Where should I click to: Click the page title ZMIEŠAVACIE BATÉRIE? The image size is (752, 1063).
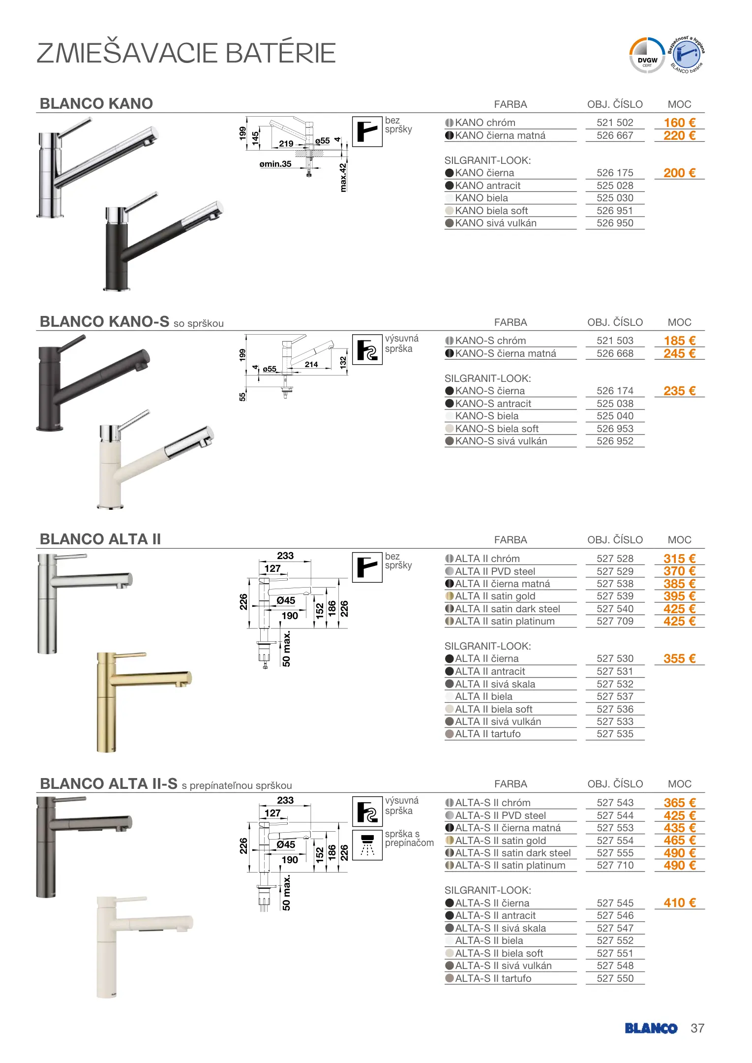186,53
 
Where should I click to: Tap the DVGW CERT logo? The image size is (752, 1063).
647,56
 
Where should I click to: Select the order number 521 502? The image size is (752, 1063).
615,123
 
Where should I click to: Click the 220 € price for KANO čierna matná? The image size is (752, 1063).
679,135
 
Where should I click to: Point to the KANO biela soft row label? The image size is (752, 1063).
491,211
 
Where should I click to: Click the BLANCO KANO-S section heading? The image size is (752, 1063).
104,322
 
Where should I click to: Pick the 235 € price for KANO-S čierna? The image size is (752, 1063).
679,391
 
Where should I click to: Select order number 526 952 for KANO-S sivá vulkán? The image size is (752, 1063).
615,441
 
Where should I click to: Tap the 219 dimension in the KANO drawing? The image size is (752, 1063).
286,144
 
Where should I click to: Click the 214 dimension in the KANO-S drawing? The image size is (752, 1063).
311,365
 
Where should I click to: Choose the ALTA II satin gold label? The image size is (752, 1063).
495,596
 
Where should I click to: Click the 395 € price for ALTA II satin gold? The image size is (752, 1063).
679,596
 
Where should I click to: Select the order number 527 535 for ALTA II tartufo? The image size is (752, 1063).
615,734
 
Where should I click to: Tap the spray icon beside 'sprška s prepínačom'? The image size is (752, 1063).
367,844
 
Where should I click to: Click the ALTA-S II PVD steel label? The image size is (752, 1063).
500,815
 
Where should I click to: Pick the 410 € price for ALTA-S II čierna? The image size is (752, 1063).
679,903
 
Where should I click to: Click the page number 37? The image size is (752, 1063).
697,1028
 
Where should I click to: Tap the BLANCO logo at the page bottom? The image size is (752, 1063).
651,1028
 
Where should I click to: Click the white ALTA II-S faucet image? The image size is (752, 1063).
143,945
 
